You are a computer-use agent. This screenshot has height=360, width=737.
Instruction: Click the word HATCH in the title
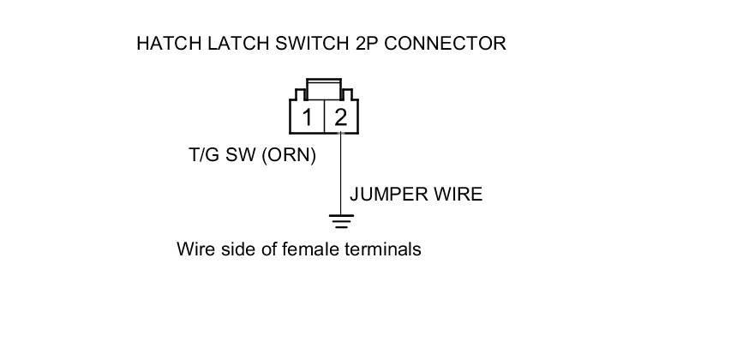tap(167, 44)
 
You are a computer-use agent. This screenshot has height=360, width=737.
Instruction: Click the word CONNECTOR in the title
tap(445, 44)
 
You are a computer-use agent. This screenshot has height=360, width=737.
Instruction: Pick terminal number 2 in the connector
tap(341, 117)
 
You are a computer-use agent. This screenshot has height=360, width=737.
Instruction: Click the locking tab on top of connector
tap(324, 88)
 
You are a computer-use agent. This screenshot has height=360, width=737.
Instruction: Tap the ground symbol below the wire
tap(342, 222)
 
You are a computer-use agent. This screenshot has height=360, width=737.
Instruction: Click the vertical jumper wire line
tap(342, 171)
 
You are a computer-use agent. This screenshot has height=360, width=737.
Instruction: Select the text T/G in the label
tap(204, 157)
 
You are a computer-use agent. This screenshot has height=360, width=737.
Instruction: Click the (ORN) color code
tap(289, 157)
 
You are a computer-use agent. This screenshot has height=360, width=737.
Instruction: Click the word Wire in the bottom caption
tap(193, 249)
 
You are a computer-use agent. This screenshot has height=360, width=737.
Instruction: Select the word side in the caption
tap(233, 249)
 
